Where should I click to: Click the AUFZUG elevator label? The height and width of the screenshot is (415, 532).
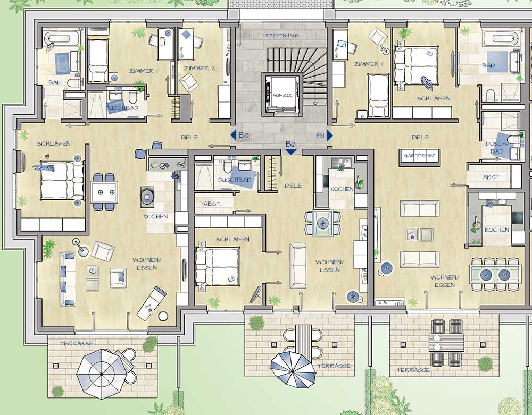click(283, 95)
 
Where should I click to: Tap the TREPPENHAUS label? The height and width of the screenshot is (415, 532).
click(280, 36)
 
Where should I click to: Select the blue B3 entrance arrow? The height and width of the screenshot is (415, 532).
click(233, 135)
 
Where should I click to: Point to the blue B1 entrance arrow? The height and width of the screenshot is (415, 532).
click(330, 135)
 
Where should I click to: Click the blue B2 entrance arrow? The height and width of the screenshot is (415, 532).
click(291, 152)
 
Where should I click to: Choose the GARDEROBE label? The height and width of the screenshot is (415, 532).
click(420, 156)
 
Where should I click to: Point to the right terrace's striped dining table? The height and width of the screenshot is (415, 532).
click(446, 343)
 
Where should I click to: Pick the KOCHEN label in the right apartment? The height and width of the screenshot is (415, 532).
click(497, 230)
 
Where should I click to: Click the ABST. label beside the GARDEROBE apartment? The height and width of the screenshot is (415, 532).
click(491, 177)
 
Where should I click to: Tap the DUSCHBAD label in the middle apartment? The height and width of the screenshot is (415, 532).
click(235, 180)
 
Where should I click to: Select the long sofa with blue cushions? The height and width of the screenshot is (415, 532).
click(68, 279)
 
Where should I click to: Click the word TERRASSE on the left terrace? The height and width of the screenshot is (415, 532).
click(76, 343)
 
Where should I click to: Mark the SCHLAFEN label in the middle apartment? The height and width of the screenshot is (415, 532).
click(232, 239)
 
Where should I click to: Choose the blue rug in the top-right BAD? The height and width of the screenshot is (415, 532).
click(497, 61)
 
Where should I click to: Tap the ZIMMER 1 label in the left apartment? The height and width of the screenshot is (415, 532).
click(144, 71)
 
